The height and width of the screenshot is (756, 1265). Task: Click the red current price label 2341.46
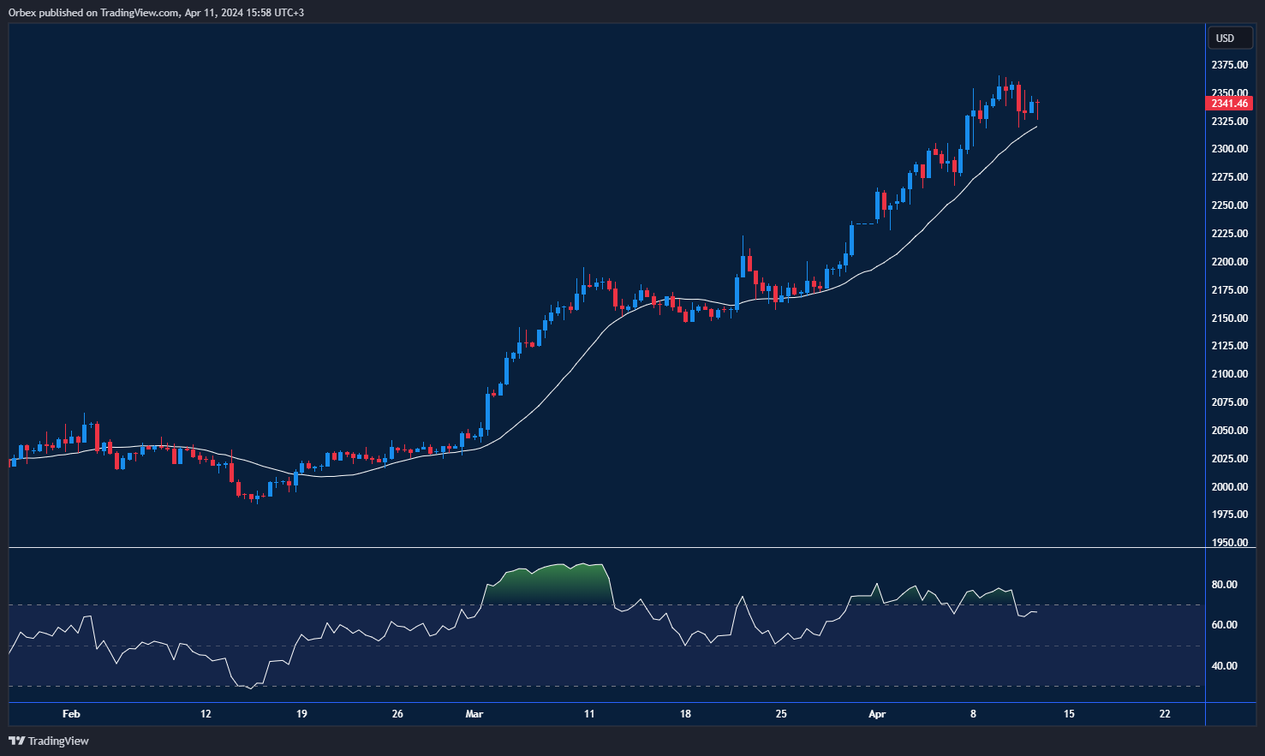coord(1229,104)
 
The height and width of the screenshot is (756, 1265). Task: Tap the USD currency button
coord(1226,38)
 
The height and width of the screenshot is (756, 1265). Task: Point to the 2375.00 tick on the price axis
coord(1229,65)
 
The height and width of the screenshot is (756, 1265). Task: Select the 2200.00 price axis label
coord(1229,262)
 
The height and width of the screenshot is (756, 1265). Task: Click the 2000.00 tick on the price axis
coord(1229,487)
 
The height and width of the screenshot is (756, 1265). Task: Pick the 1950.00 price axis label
coord(1229,543)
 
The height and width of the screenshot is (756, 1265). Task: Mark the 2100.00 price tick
coord(1229,374)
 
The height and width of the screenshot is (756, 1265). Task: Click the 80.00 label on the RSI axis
coord(1224,585)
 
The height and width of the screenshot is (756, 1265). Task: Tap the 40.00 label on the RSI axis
coord(1224,666)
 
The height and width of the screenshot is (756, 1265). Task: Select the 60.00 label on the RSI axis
coord(1224,625)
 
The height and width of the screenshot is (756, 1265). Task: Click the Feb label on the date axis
coord(71,714)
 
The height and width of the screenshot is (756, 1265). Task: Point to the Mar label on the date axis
coord(474,714)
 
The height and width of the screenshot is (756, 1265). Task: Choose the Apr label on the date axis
coord(877,714)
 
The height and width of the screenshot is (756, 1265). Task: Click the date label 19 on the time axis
coord(301,714)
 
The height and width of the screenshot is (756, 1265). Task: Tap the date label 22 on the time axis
coord(1165,714)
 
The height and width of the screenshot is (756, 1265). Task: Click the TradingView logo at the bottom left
coord(49,741)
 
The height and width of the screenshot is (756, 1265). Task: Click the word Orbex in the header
coord(21,13)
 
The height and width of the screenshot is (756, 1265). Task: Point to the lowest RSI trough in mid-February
coord(250,688)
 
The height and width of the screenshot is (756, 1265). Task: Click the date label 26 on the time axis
coord(397,714)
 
